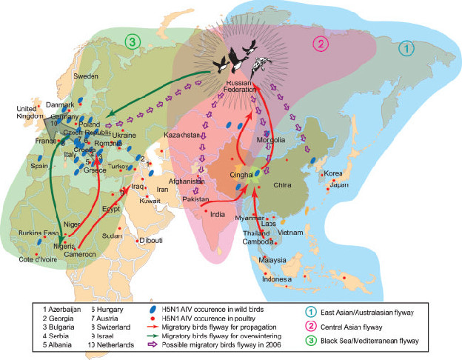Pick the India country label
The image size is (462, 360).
[218, 215]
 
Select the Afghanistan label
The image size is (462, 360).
[186, 181]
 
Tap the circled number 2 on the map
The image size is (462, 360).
[321, 41]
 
